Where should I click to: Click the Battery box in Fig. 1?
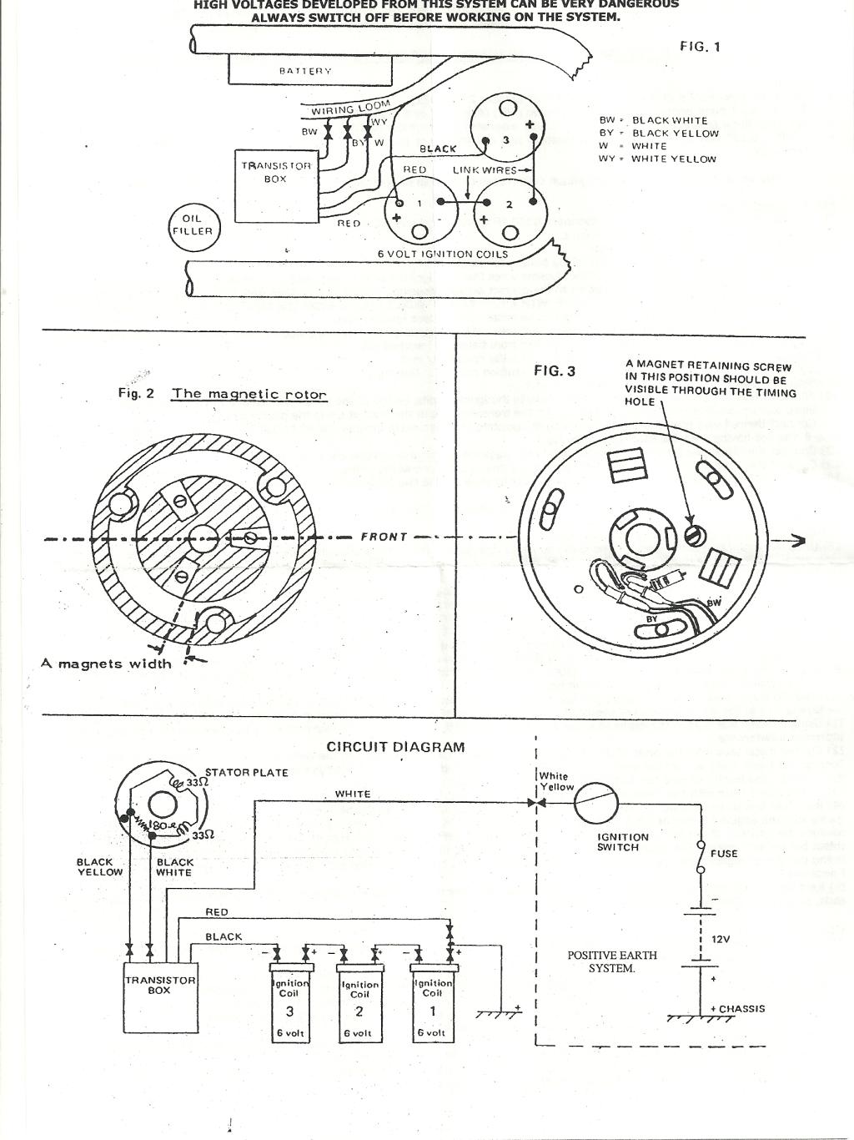tap(309, 70)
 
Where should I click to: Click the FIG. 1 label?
tap(700, 47)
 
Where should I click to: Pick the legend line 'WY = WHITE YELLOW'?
tap(657, 159)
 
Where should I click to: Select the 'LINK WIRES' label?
tap(485, 169)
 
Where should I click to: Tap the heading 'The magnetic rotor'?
tap(249, 394)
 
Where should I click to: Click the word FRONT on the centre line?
tap(384, 537)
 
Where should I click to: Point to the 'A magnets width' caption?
tap(106, 664)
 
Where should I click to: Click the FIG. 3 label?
tap(554, 371)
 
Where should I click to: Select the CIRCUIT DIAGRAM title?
tap(395, 747)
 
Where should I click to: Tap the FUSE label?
tap(724, 854)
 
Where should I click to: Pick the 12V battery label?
tap(720, 939)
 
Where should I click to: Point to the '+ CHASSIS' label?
tap(737, 1008)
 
